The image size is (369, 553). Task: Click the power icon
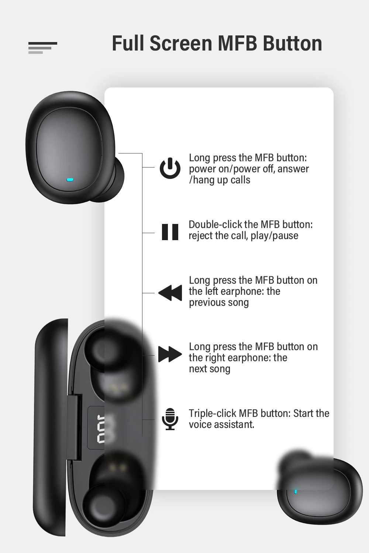click(170, 168)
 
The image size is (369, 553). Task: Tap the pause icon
click(170, 232)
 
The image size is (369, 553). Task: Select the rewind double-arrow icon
click(170, 293)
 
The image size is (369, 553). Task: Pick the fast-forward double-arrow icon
click(170, 354)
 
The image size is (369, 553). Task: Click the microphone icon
click(170, 419)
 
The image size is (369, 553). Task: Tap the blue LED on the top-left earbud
click(70, 180)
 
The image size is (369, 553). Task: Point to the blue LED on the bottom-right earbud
click(295, 491)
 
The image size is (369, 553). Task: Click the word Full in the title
click(128, 44)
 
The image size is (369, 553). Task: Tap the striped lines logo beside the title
click(42, 48)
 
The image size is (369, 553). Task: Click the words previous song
click(219, 303)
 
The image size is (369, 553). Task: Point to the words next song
click(210, 369)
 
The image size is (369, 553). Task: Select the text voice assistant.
click(221, 425)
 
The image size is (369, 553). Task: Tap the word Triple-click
click(212, 413)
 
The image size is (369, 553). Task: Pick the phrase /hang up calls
click(220, 180)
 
